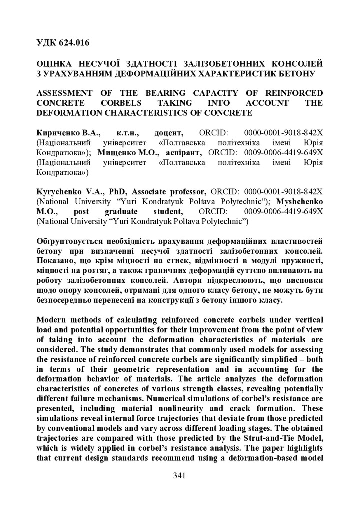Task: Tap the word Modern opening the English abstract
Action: pyautogui.click(x=54, y=319)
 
